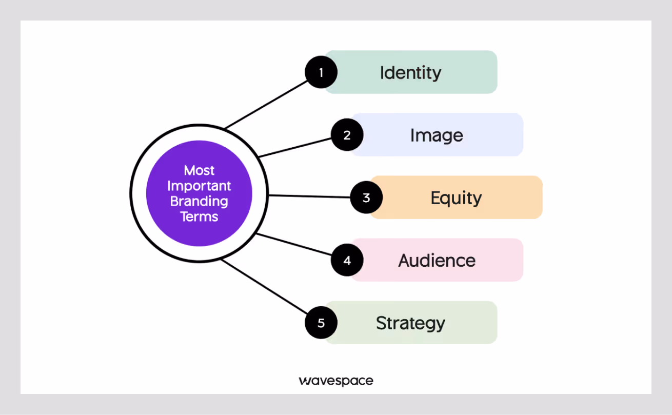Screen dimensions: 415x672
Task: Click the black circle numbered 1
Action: (x=321, y=72)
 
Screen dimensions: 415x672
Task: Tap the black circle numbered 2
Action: (x=347, y=135)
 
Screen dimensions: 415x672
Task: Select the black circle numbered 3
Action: (x=366, y=197)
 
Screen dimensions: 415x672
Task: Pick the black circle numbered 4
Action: (x=347, y=260)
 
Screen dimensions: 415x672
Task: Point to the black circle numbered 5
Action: (x=321, y=323)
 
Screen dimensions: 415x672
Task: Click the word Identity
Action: (x=410, y=73)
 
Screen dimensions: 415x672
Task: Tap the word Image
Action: (x=437, y=135)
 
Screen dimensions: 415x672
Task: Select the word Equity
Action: (x=456, y=198)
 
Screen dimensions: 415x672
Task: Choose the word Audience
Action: (x=437, y=261)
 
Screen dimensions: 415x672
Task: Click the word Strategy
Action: (x=410, y=323)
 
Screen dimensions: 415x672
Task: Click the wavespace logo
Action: (x=336, y=381)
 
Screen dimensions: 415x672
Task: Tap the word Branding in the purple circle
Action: (x=199, y=201)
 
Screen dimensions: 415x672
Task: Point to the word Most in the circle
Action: (x=199, y=170)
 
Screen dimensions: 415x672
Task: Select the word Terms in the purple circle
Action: (x=199, y=216)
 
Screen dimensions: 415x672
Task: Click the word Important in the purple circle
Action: (x=199, y=186)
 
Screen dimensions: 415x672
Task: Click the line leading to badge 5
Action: (x=264, y=286)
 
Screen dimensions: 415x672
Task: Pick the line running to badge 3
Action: (x=309, y=196)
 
